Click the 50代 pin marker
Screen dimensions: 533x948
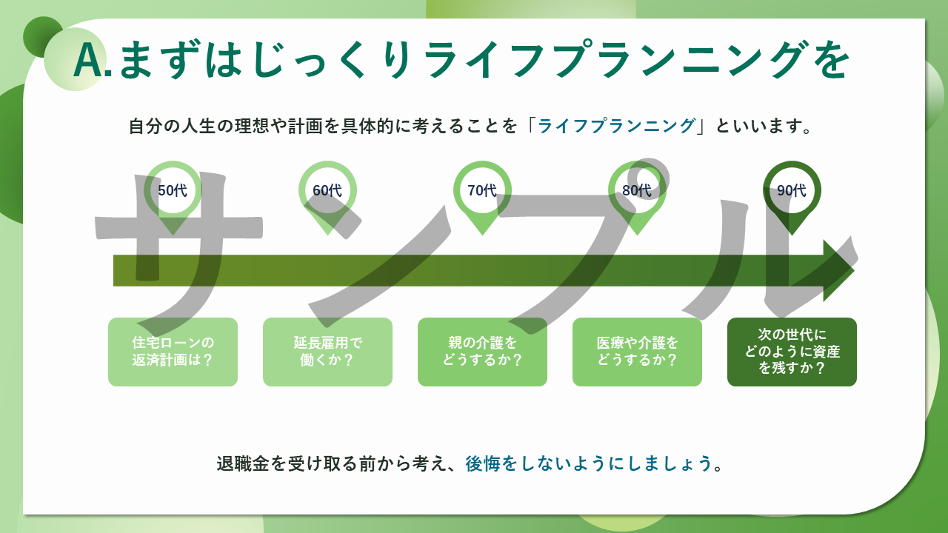click(173, 191)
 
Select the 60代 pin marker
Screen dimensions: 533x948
click(327, 191)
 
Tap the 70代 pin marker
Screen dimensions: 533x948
click(482, 191)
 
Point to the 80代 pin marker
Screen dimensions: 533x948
click(637, 191)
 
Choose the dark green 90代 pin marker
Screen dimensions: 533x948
click(792, 191)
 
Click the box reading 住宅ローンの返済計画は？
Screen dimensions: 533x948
click(173, 352)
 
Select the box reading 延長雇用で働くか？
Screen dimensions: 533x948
click(327, 352)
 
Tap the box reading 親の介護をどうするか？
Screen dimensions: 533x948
click(482, 352)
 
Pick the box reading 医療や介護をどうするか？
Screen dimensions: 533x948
click(637, 352)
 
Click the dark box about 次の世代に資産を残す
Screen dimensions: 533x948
click(792, 352)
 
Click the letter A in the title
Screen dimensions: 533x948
click(88, 61)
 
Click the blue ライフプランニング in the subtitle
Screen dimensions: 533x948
click(616, 126)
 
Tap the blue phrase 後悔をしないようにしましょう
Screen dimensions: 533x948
click(589, 463)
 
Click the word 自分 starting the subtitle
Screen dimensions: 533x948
click(145, 126)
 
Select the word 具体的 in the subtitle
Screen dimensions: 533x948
click(390, 126)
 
